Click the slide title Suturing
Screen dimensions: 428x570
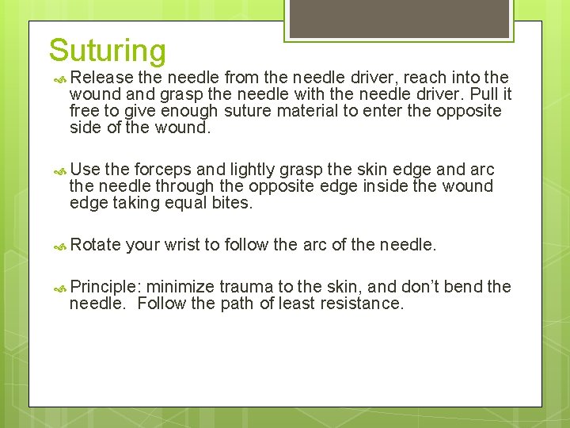coord(107,50)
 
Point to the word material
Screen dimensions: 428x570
coord(305,111)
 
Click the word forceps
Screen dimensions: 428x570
coord(164,170)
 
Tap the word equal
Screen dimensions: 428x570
coord(186,203)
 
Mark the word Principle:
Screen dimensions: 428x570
coord(105,287)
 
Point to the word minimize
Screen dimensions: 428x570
coord(181,287)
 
